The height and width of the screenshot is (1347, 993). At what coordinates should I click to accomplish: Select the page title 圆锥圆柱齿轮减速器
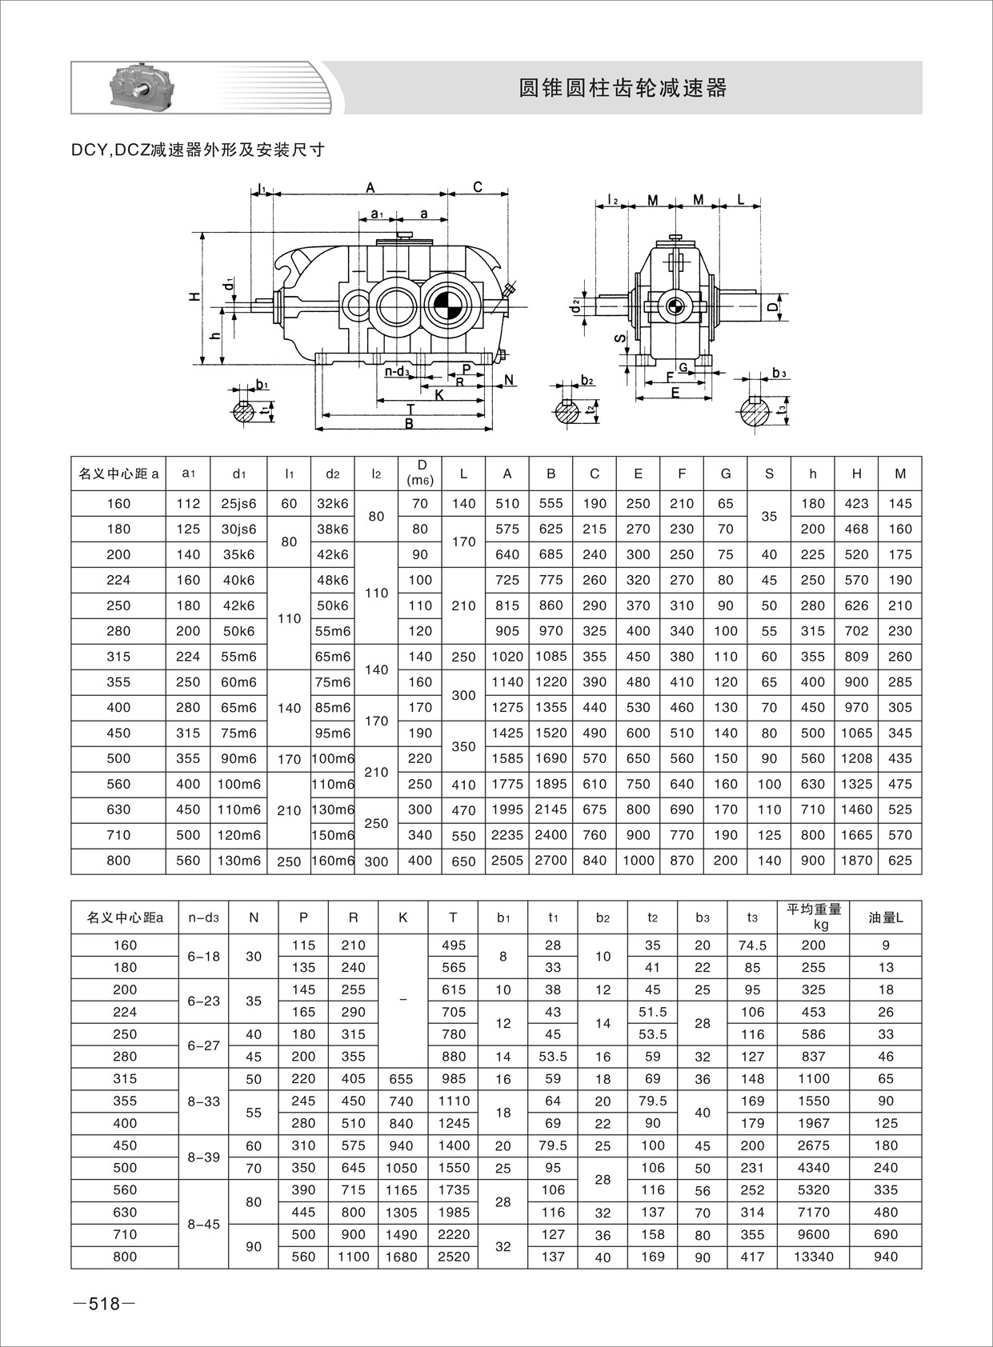point(623,88)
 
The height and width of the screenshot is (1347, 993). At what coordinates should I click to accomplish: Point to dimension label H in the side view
point(194,297)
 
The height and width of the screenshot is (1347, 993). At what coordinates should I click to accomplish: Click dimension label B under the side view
point(409,424)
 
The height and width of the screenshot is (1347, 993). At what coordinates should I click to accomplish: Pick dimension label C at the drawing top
point(478,187)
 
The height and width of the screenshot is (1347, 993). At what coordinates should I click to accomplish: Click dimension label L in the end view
point(741,198)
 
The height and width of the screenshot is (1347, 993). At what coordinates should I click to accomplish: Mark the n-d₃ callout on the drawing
point(397,371)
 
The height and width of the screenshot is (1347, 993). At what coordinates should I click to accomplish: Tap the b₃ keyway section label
point(779,374)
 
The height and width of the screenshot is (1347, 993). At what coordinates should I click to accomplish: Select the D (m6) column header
point(420,473)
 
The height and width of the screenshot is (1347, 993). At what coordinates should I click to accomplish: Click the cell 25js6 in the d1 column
point(238,503)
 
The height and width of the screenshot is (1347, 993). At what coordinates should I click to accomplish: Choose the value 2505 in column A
point(507,861)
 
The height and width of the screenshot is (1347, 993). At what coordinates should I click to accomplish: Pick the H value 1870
point(856,861)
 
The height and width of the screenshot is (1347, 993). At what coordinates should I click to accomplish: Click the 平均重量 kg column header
point(814,917)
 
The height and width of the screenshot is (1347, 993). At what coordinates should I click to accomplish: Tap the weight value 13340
point(814,1257)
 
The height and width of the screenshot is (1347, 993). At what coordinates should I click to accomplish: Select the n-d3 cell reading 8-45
point(204,1224)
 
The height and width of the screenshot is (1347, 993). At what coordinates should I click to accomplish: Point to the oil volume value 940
point(886,1257)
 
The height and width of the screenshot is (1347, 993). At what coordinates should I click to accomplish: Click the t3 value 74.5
point(752,945)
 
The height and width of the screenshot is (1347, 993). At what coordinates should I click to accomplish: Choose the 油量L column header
point(886,917)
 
